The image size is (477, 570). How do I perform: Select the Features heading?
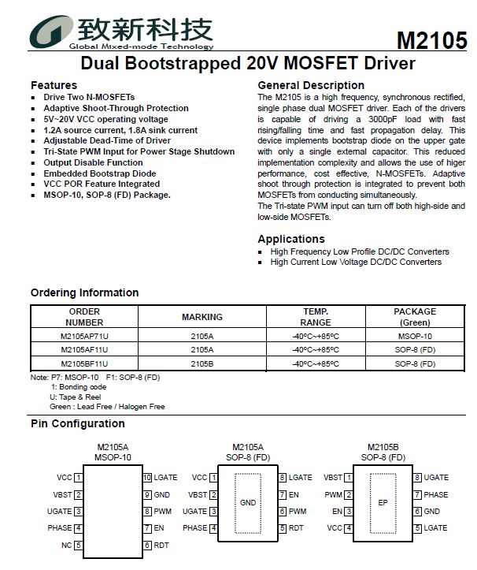click(x=54, y=85)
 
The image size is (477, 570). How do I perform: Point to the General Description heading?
click(x=311, y=85)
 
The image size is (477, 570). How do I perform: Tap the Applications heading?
click(x=290, y=239)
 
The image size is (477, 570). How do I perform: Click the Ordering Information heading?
click(x=84, y=292)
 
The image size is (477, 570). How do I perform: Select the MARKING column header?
click(x=202, y=317)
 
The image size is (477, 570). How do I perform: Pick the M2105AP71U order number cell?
click(x=84, y=335)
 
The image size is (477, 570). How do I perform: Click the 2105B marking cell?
click(x=202, y=363)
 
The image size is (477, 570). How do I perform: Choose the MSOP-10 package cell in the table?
click(x=415, y=335)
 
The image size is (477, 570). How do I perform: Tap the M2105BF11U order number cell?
click(x=84, y=363)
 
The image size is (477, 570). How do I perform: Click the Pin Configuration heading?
click(x=78, y=424)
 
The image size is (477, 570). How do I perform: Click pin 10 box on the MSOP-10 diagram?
click(x=146, y=478)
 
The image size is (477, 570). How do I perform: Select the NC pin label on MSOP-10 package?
click(x=66, y=545)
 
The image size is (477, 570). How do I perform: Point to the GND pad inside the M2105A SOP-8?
click(x=248, y=502)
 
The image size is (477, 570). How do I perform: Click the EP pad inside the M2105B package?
click(x=383, y=502)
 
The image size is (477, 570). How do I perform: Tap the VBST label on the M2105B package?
click(x=333, y=478)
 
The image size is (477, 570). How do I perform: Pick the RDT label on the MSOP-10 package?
click(x=161, y=545)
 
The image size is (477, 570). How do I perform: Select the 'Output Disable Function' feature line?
click(x=93, y=162)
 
